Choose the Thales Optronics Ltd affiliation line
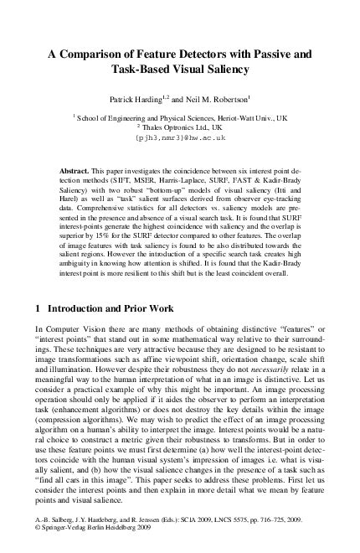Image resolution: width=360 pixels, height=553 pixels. pos(180,128)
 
